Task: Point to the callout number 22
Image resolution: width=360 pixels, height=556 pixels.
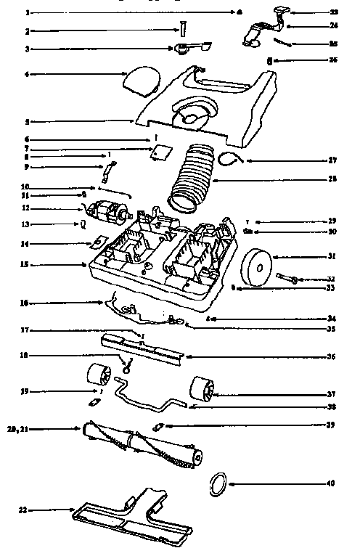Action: [23, 510]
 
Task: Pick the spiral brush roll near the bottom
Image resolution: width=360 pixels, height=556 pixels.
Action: [142, 438]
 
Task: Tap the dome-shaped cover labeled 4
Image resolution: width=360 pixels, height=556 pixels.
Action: [141, 79]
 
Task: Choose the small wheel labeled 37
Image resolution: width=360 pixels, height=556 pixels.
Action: [202, 390]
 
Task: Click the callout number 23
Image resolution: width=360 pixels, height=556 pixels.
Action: [335, 12]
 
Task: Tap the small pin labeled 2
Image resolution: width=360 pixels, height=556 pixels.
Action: [183, 28]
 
